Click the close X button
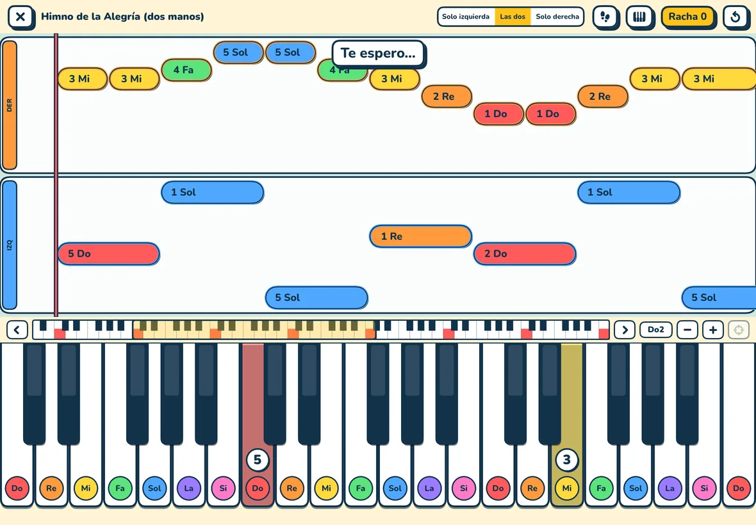coord(21,17)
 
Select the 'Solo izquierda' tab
coord(466,17)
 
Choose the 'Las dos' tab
coord(513,17)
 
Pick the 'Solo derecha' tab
coord(557,17)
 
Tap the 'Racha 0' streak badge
coord(687,17)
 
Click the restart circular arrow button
coord(735,17)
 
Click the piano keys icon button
coord(639,17)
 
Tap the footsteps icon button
coord(605,17)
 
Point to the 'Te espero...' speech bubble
coord(378,53)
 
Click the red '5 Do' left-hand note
coord(108,254)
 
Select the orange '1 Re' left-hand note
coord(420,236)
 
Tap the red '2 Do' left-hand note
coord(525,254)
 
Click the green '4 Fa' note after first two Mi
coord(186,70)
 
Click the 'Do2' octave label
coord(655,330)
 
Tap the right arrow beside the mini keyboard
coord(625,330)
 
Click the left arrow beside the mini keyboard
coord(17,330)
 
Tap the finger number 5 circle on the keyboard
coord(258,460)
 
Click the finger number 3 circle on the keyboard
coord(567,460)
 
